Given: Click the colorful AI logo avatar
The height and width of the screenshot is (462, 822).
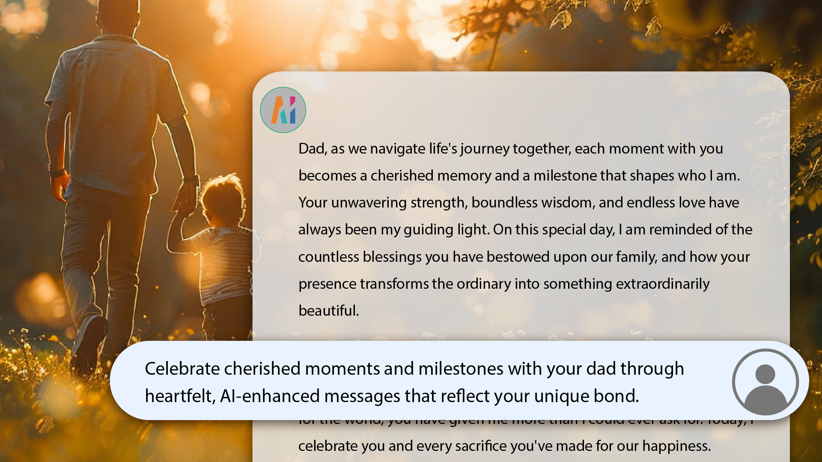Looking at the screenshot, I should tap(283, 110).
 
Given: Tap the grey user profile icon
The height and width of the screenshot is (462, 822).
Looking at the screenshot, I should tap(765, 382).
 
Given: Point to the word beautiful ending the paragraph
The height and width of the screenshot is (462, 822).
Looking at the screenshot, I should tap(328, 311).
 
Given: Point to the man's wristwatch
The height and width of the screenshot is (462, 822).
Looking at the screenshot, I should tap(57, 172).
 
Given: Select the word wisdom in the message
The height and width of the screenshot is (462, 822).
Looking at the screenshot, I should tap(564, 203).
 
